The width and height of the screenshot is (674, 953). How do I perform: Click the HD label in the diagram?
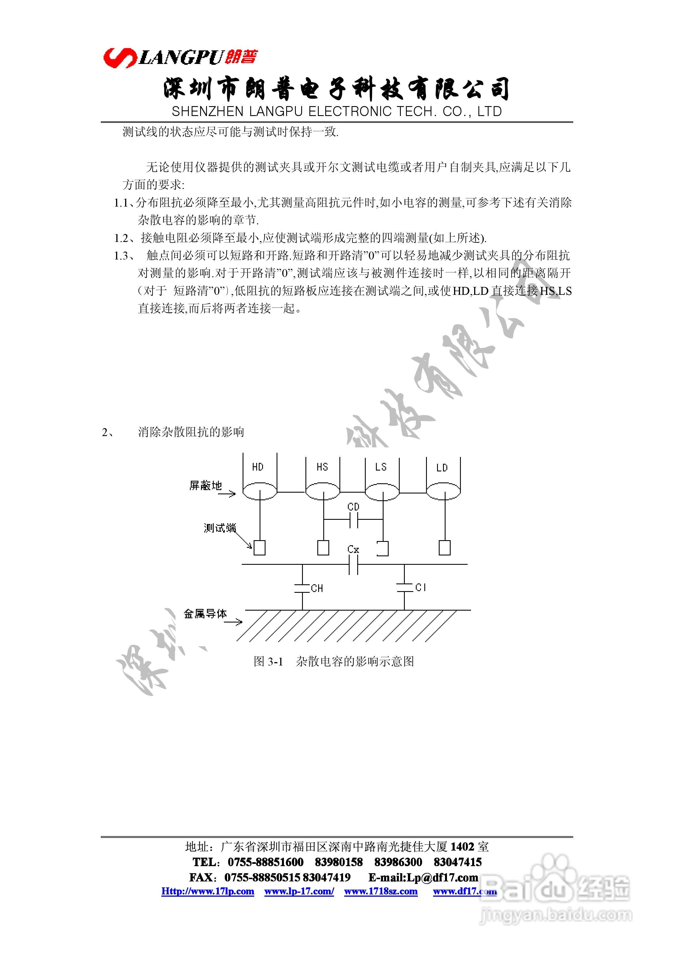point(258,467)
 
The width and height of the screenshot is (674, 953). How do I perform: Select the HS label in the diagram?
point(322,467)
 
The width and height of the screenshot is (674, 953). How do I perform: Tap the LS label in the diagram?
point(381,467)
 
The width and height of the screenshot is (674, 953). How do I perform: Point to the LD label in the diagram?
point(442,468)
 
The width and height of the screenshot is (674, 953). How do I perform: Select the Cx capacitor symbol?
point(353,564)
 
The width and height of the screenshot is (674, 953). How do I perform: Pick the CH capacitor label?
point(317,588)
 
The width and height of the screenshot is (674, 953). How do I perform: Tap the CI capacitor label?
point(421,587)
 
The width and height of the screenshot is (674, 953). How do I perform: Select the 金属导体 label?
point(205,613)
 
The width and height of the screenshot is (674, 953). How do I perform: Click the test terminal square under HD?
point(260,548)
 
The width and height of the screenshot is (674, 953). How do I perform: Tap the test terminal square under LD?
point(444,548)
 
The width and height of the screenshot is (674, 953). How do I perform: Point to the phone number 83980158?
point(339,862)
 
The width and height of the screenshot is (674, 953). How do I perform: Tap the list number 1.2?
point(121,238)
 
